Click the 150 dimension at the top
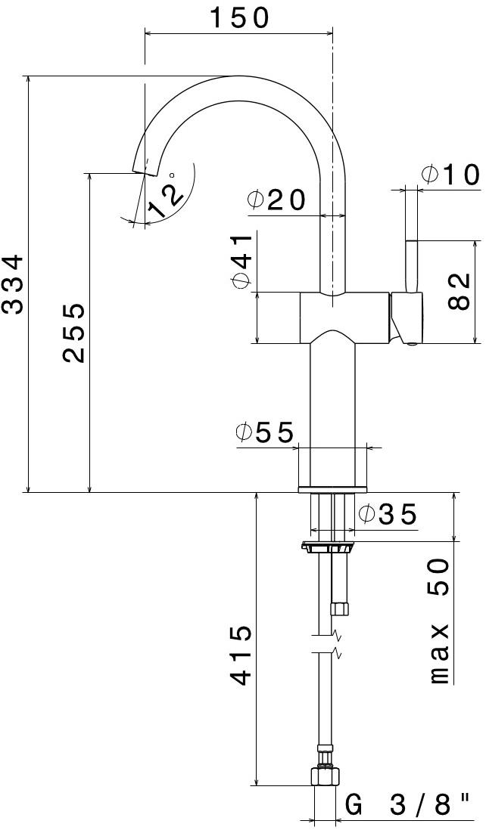click(x=238, y=17)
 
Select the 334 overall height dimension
click(x=14, y=283)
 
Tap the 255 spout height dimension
click(x=73, y=333)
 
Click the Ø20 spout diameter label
click(x=276, y=200)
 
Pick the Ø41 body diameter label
click(x=241, y=261)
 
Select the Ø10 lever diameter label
click(x=450, y=175)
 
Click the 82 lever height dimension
click(x=460, y=291)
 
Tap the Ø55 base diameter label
click(x=264, y=432)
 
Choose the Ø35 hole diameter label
click(x=387, y=515)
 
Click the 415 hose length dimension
click(x=241, y=655)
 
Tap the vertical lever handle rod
click(x=413, y=265)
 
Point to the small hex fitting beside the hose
click(x=340, y=608)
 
